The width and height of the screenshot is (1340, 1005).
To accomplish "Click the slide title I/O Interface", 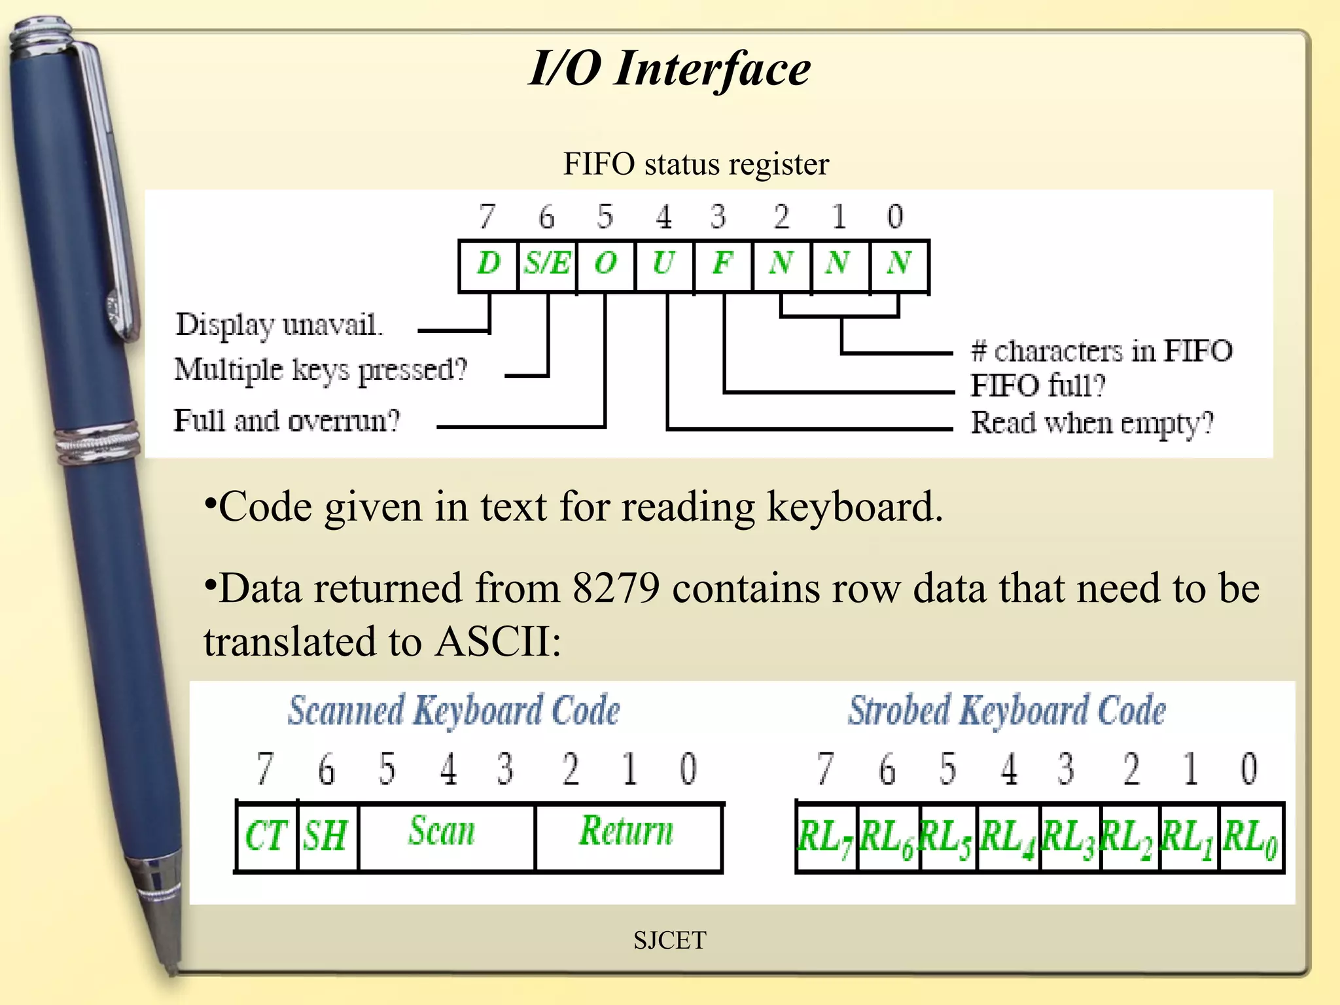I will [669, 69].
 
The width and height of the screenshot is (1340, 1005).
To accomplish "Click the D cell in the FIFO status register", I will [488, 264].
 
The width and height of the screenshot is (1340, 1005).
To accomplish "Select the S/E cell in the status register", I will [547, 264].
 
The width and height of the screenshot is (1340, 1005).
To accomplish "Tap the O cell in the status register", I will [605, 264].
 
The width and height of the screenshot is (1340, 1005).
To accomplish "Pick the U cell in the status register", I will [663, 264].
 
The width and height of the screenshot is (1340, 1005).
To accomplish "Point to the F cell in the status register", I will [722, 264].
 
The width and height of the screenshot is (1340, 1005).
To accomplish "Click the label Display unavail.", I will [279, 325].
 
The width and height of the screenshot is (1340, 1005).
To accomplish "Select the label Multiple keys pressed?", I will [321, 370].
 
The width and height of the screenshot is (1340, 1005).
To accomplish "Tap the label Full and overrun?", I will [287, 421].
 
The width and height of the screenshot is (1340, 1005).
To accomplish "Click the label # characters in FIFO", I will [1102, 351].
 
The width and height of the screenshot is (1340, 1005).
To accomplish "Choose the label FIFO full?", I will [1038, 386].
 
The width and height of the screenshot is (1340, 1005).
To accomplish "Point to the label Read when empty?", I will [1092, 423].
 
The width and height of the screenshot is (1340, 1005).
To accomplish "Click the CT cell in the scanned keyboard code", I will [266, 837].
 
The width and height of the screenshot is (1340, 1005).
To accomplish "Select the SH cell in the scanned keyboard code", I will [326, 837].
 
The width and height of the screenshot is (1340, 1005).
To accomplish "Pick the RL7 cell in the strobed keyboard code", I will [826, 838].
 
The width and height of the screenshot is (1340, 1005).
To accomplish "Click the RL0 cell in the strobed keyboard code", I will [1250, 838].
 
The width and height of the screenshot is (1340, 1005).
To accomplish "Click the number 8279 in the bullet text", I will [616, 588].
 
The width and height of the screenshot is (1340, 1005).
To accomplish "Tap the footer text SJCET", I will [669, 941].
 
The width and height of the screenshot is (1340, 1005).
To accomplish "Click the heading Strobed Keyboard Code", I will [1007, 711].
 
